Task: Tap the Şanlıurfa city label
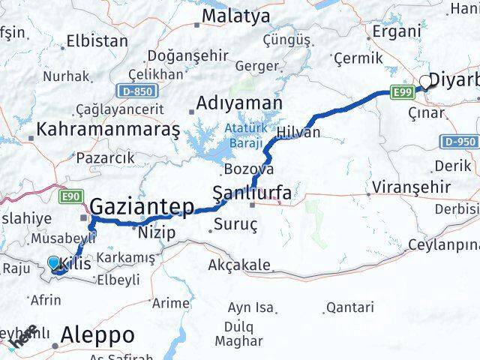point(252,193)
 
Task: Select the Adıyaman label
point(239,103)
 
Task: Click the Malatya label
point(235,15)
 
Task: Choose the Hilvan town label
point(298,133)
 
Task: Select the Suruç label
point(236,224)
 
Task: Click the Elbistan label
point(97,41)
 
